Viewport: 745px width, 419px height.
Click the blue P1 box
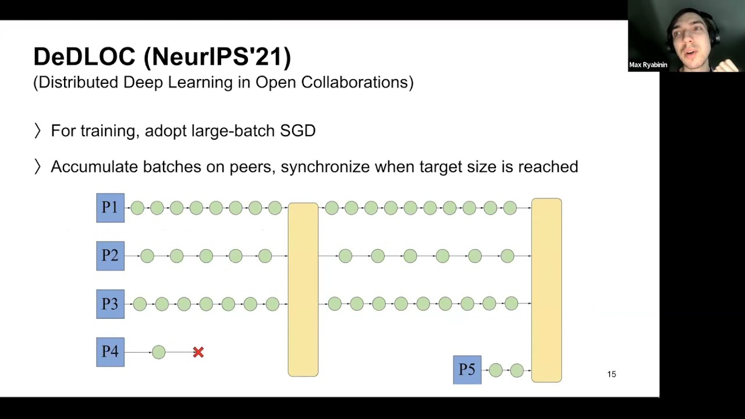click(110, 208)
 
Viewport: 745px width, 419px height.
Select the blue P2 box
click(110, 256)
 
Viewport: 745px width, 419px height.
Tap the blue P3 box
click(110, 304)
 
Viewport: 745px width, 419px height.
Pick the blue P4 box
click(110, 352)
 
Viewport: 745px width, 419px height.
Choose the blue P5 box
click(467, 370)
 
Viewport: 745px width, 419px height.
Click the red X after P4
click(198, 352)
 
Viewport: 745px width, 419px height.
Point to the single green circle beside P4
click(158, 352)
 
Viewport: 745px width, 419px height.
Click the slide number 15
click(611, 374)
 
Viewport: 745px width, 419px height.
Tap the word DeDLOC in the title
click(84, 57)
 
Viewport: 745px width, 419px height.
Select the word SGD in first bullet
click(297, 131)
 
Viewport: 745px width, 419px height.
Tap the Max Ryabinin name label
click(648, 65)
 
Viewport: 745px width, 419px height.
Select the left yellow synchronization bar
click(303, 289)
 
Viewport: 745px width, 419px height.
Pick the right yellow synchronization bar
click(546, 290)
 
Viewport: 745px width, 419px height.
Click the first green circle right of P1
click(137, 208)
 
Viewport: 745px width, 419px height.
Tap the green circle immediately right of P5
click(495, 370)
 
